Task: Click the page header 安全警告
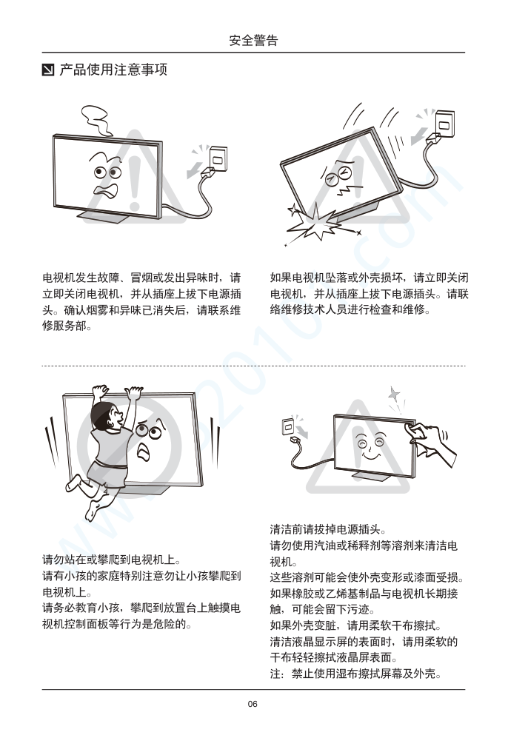(253, 40)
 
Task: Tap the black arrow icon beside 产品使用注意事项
(48, 70)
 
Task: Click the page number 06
(253, 704)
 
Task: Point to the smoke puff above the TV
(96, 119)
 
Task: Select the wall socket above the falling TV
(444, 124)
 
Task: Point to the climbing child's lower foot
(93, 511)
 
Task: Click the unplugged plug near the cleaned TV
(297, 441)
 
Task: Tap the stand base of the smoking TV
(104, 217)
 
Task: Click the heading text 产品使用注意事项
(113, 70)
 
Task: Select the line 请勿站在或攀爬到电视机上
(112, 560)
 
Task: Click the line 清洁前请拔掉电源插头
(328, 530)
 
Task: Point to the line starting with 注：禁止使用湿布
(355, 674)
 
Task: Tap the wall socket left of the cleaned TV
(287, 426)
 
